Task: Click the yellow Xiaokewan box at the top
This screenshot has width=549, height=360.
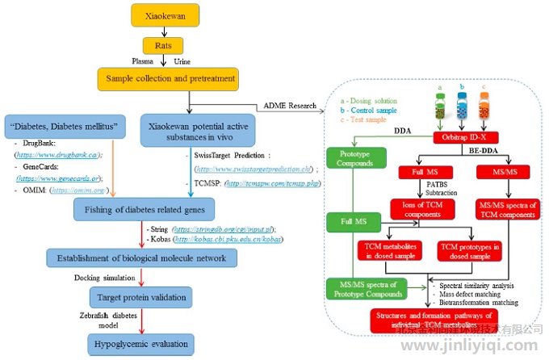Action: coord(166,15)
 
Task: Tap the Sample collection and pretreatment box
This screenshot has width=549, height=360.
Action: coord(167,79)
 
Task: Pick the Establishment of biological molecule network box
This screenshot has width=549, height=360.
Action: coord(142,257)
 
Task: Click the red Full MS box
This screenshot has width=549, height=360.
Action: coord(419,172)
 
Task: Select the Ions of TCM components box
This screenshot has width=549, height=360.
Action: coord(420,209)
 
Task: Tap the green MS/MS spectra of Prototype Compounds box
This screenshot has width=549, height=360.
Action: coord(364,289)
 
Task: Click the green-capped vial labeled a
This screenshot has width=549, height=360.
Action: coord(441,104)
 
